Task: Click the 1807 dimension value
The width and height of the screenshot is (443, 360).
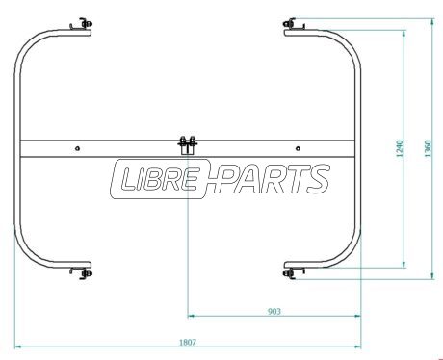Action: (187, 343)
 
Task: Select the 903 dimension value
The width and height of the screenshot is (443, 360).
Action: (274, 311)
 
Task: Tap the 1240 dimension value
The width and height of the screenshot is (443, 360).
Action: (400, 148)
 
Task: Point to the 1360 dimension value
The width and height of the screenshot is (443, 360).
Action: (429, 148)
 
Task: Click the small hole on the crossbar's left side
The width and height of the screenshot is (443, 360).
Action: (77, 148)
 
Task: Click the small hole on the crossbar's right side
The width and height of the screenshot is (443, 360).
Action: (298, 148)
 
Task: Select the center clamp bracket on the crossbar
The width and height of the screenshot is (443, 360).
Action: (188, 145)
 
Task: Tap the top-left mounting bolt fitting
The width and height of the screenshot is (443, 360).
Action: (82, 24)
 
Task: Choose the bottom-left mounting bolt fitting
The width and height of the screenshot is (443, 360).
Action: (82, 273)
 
